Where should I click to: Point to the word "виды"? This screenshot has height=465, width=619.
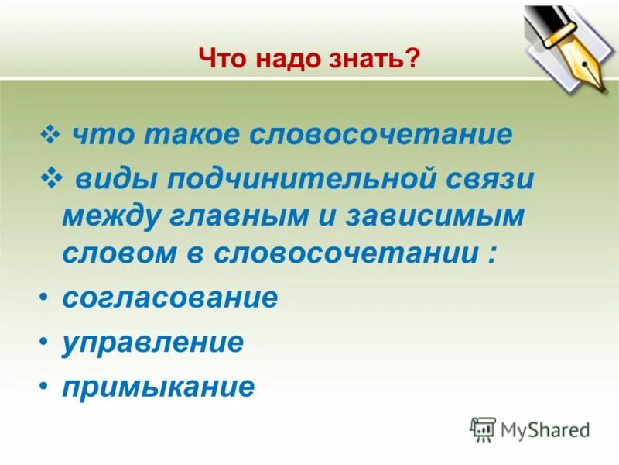pyautogui.click(x=111, y=180)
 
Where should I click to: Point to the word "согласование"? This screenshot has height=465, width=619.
pyautogui.click(x=169, y=298)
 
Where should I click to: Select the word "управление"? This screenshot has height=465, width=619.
pyautogui.click(x=152, y=342)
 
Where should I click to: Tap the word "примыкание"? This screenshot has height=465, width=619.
pyautogui.click(x=158, y=386)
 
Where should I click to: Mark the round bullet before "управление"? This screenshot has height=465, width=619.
pyautogui.click(x=45, y=342)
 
